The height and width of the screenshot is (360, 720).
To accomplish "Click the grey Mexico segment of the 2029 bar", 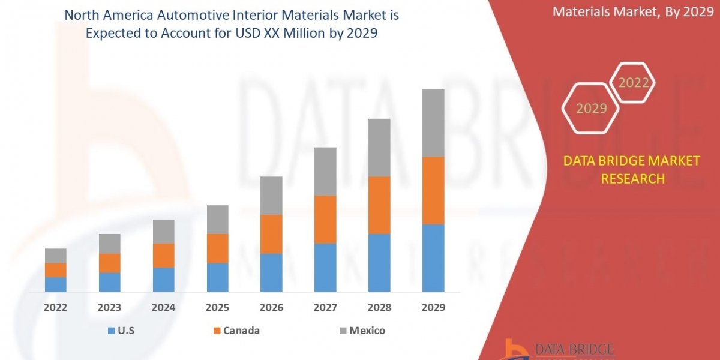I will pyautogui.click(x=433, y=123).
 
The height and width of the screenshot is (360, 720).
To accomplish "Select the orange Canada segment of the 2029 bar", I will pyautogui.click(x=433, y=191).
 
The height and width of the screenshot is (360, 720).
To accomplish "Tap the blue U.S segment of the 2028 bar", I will pyautogui.click(x=379, y=263).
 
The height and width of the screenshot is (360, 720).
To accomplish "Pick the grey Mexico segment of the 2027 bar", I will pyautogui.click(x=325, y=172).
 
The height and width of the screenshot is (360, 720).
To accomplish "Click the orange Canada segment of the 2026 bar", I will pyautogui.click(x=271, y=234).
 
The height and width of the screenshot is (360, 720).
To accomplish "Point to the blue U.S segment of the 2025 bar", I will pyautogui.click(x=217, y=277).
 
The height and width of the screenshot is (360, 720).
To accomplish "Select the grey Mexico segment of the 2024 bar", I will pyautogui.click(x=163, y=232).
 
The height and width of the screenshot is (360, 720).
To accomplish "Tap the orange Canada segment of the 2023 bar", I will pyautogui.click(x=109, y=263).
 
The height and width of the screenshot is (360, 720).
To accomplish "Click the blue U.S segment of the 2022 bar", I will pyautogui.click(x=55, y=284).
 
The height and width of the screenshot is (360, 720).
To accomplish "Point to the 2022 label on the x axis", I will pyautogui.click(x=55, y=308).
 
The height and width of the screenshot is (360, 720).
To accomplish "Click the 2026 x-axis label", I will pyautogui.click(x=271, y=308).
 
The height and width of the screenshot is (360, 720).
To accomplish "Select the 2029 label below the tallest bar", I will pyautogui.click(x=433, y=308).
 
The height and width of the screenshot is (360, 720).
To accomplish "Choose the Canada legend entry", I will pyautogui.click(x=236, y=331).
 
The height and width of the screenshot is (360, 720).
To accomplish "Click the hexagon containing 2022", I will pyautogui.click(x=633, y=83).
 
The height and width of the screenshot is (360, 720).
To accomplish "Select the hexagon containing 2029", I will pyautogui.click(x=591, y=109).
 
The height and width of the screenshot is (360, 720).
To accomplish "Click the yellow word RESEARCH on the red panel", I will pyautogui.click(x=632, y=179).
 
